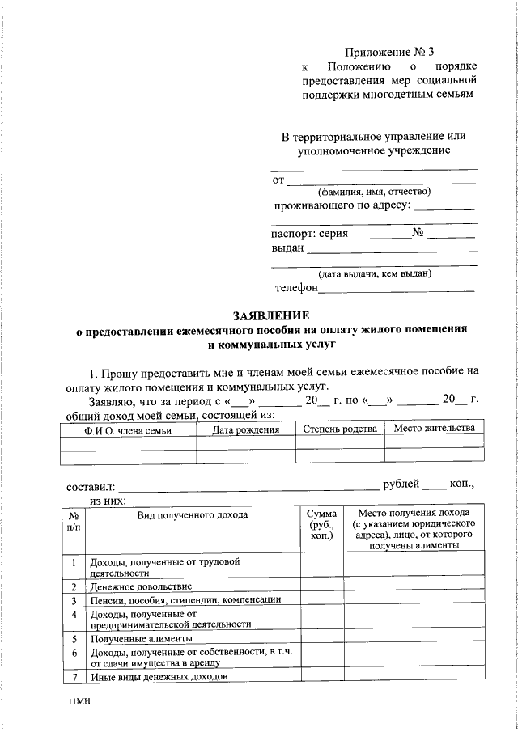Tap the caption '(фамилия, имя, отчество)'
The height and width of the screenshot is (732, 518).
tap(373, 192)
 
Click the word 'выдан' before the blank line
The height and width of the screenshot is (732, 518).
tap(287, 248)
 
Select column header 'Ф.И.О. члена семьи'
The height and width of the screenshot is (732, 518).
tap(129, 429)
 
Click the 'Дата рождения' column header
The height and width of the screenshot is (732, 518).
tap(246, 429)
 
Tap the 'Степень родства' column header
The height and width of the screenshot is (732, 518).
tap(340, 429)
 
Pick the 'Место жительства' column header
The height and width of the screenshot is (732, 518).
tap(434, 428)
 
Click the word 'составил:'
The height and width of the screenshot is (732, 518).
tap(90, 487)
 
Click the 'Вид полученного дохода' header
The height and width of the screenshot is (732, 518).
tap(192, 514)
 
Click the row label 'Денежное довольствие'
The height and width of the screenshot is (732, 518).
tap(142, 586)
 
